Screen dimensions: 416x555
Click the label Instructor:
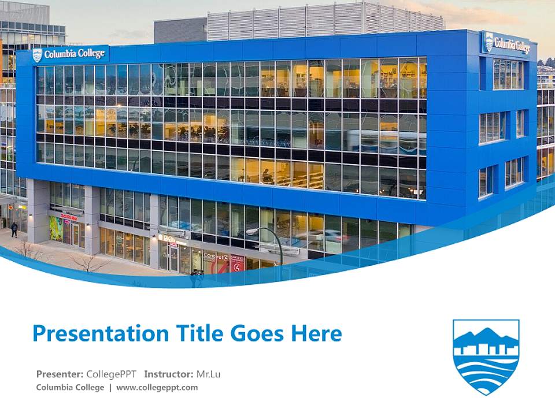pyautogui.click(x=168, y=374)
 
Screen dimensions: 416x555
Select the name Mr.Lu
pyautogui.click(x=208, y=374)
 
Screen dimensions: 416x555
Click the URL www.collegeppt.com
pyautogui.click(x=157, y=387)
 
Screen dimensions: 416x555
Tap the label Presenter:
pyautogui.click(x=60, y=374)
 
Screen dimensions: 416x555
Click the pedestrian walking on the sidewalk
pyautogui.click(x=14, y=229)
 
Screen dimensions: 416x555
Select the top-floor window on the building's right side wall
pyautogui.click(x=508, y=74)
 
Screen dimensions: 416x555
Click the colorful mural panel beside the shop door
pyautogui.click(x=55, y=228)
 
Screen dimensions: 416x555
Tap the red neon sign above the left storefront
pyautogui.click(x=68, y=218)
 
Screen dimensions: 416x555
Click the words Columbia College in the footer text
pyautogui.click(x=70, y=387)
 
